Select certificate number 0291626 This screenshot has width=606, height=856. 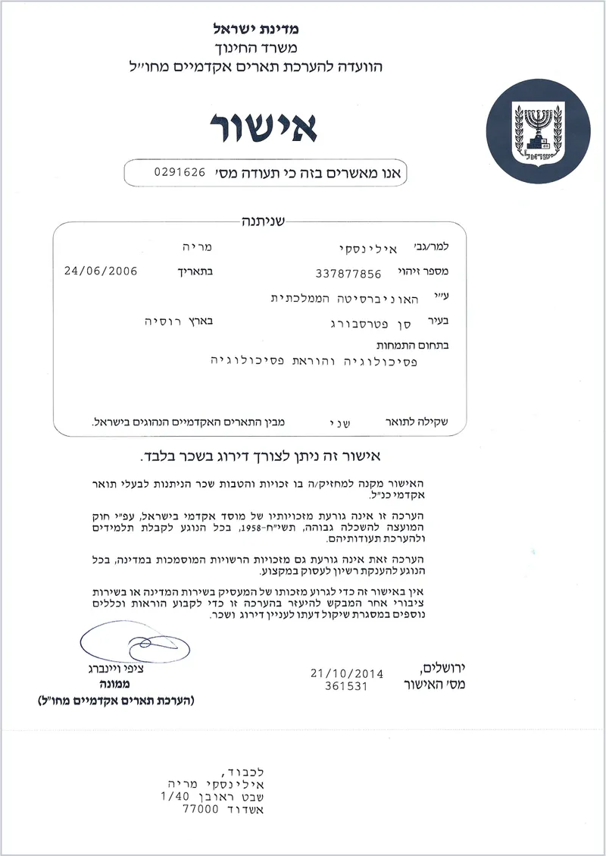coord(180,171)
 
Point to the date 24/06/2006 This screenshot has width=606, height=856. coord(101,270)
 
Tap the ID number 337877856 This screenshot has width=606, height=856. coord(348,274)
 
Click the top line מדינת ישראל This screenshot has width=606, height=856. coord(257,30)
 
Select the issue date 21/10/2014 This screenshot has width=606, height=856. coord(347,673)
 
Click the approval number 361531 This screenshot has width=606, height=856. coord(345,685)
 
